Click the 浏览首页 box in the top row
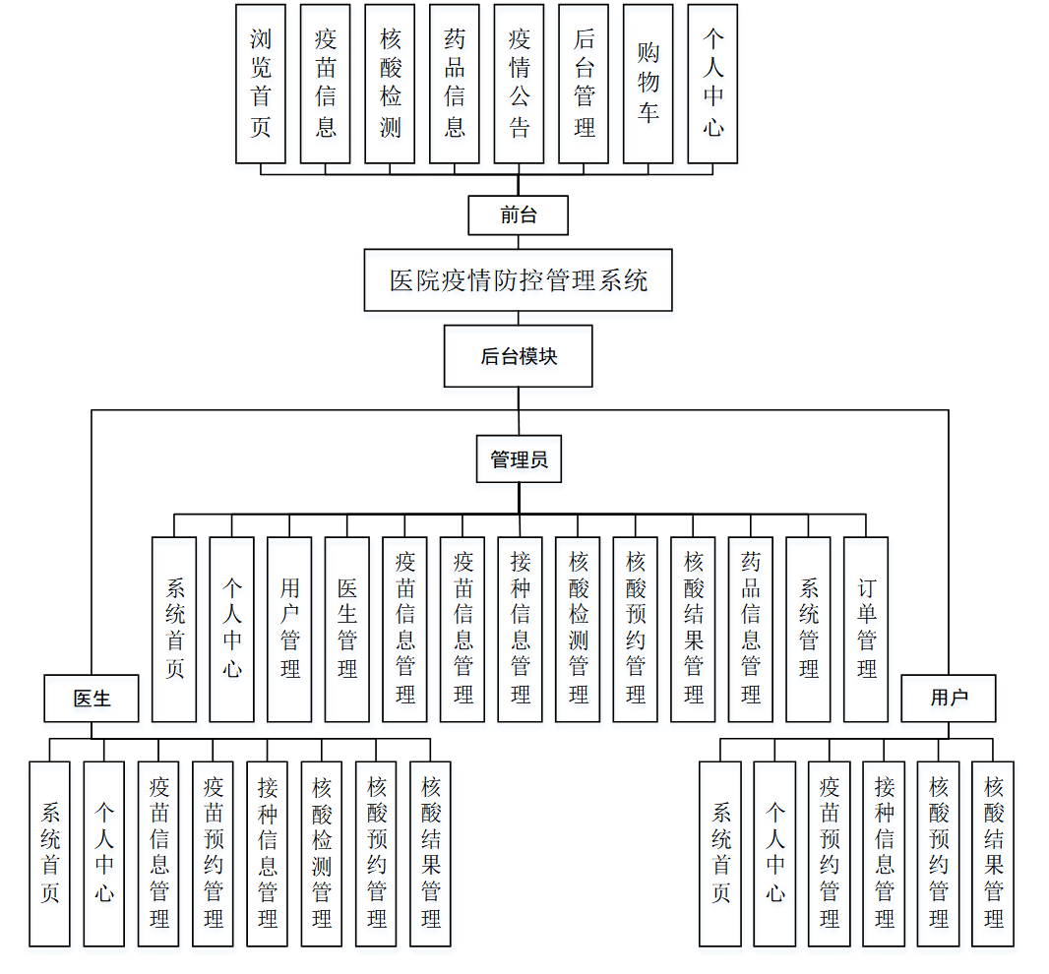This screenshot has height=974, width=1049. (261, 84)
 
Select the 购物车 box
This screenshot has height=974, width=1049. (648, 84)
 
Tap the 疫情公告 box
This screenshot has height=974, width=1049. (519, 84)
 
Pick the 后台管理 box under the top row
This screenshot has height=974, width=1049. (584, 84)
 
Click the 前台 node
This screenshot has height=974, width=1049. (519, 215)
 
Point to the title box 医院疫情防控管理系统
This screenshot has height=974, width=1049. (519, 280)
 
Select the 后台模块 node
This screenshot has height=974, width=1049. (519, 356)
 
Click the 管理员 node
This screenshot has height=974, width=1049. (519, 459)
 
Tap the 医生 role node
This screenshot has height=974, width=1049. (92, 699)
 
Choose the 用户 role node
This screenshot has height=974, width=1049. (949, 699)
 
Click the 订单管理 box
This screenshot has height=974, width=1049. (866, 630)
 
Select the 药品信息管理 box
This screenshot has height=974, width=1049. (751, 630)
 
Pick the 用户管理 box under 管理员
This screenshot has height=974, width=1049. (289, 630)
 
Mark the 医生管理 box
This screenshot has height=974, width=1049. (347, 630)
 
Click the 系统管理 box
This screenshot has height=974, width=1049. (809, 630)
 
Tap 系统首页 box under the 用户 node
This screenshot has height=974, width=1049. (720, 853)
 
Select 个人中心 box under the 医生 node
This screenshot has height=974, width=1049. (104, 853)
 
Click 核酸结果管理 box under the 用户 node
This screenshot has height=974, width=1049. (993, 853)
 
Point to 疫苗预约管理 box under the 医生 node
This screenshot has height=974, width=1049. (214, 853)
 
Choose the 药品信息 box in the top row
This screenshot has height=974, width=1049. (455, 84)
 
